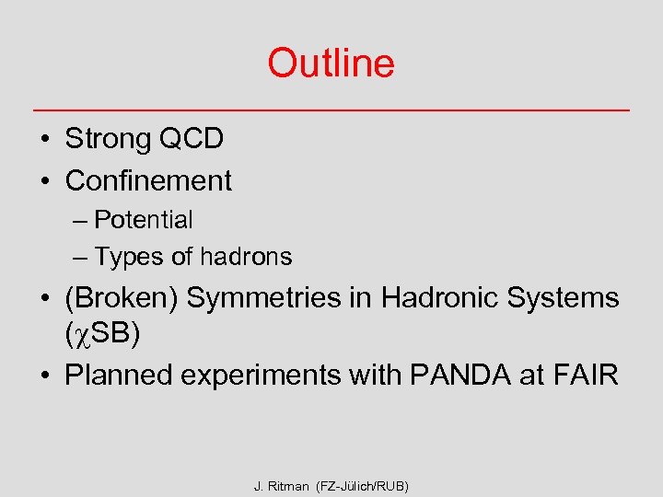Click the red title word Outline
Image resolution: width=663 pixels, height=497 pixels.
click(x=331, y=64)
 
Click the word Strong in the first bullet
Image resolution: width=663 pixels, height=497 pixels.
click(x=108, y=140)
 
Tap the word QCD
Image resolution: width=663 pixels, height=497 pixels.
click(x=191, y=140)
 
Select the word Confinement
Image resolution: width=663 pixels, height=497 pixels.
click(x=148, y=180)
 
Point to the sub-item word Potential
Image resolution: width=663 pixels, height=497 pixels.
click(x=144, y=220)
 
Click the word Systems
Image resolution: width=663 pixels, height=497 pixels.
click(x=567, y=298)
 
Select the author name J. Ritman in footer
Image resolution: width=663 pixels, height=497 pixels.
click(x=282, y=485)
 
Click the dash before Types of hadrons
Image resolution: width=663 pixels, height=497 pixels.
click(x=80, y=258)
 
